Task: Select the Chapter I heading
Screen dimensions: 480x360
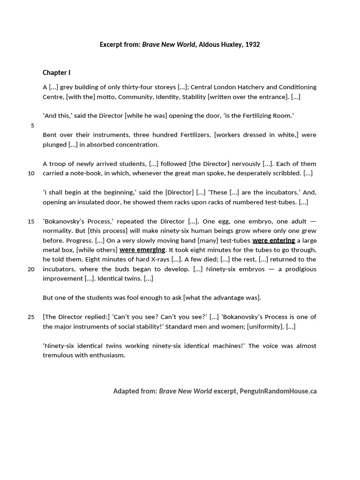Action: coord(57,73)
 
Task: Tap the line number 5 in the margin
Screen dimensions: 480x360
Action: coord(32,125)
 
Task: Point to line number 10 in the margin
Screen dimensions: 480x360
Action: coord(31,173)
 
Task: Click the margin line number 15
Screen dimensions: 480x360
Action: coord(31,221)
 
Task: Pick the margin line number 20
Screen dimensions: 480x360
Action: coord(31,269)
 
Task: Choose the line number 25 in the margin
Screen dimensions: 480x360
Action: coord(31,317)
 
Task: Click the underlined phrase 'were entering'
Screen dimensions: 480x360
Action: coord(274,240)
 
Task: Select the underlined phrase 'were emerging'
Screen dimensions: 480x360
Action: coord(142,250)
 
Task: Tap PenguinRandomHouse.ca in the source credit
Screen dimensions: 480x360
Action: coord(278,391)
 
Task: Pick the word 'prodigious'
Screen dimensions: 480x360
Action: coord(299,269)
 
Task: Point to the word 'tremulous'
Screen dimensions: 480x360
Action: coord(57,355)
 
